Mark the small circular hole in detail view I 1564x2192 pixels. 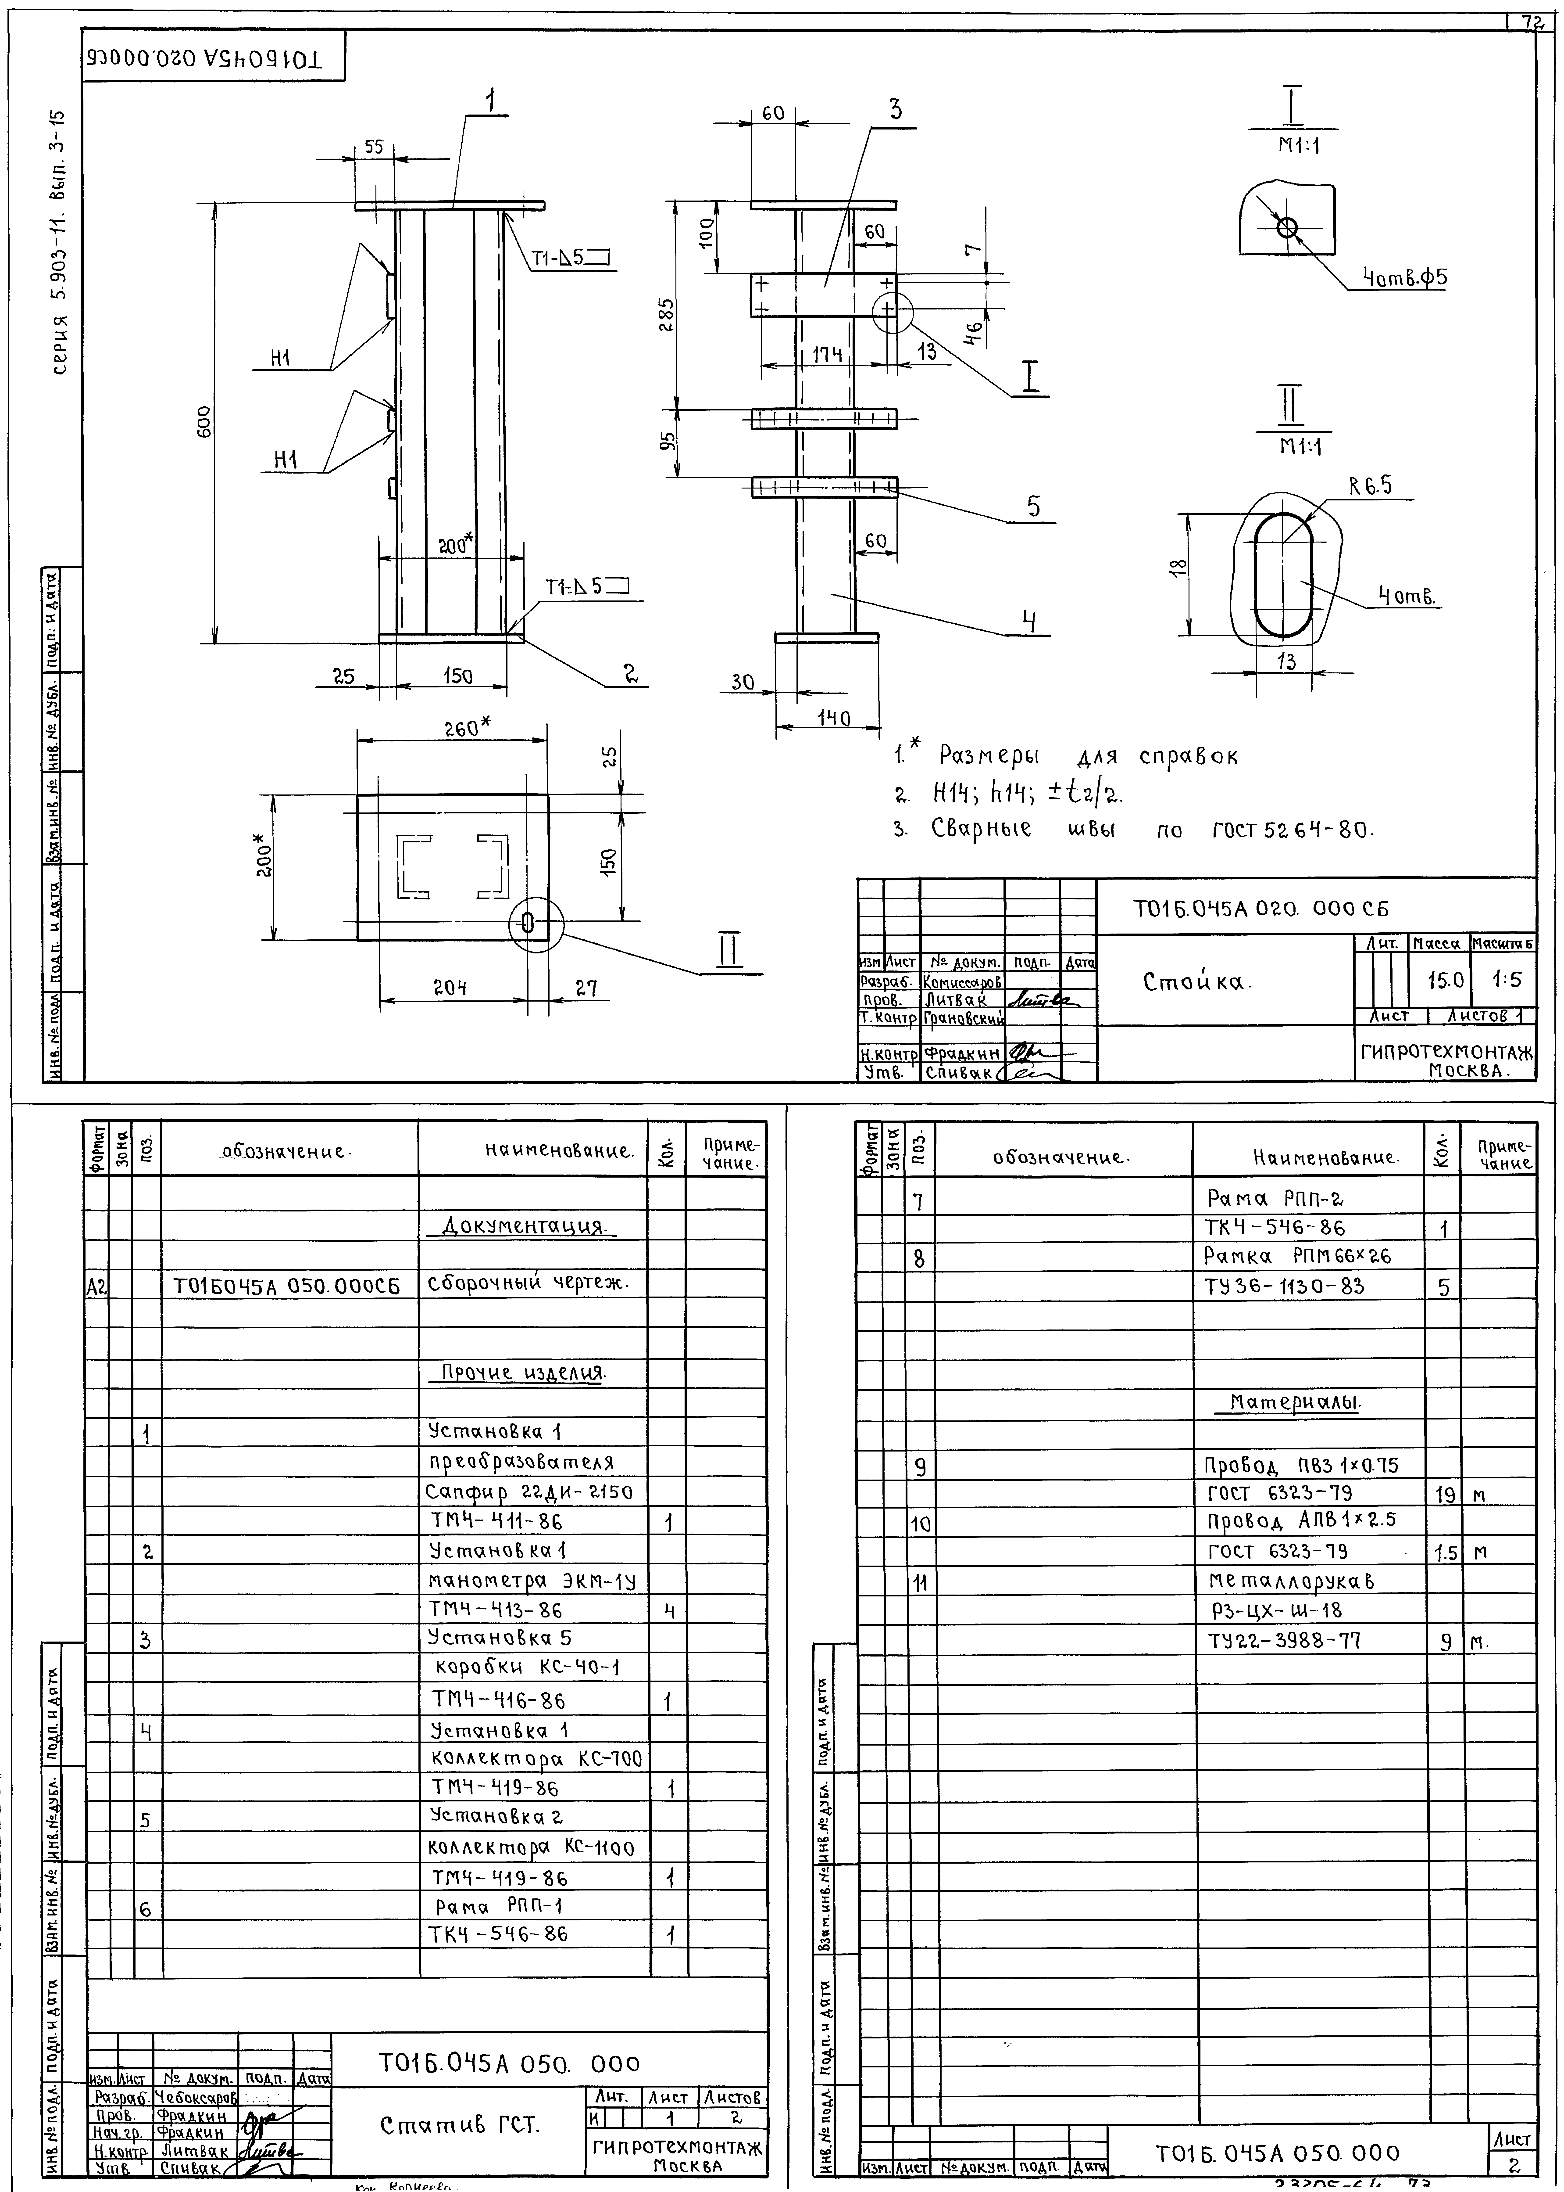coord(1287,227)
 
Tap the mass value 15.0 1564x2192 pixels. coord(1446,980)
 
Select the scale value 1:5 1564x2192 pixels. coord(1507,980)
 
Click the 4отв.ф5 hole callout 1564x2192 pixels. coord(1404,278)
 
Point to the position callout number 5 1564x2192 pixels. coord(1033,507)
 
